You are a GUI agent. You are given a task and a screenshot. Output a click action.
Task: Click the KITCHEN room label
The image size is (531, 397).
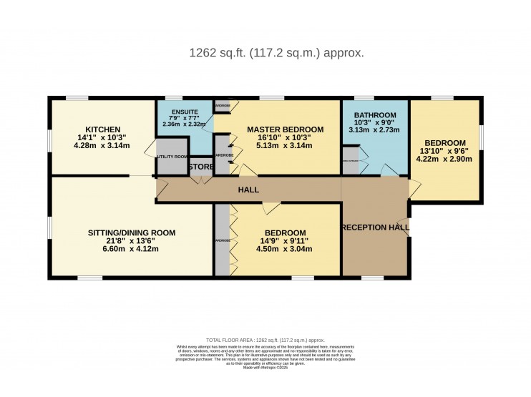pos(95,129)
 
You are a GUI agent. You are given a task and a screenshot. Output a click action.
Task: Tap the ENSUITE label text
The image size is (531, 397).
pos(179,111)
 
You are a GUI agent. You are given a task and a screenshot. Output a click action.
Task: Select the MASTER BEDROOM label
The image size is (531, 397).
pos(285,129)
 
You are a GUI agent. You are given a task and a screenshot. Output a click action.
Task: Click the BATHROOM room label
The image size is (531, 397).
pos(376,115)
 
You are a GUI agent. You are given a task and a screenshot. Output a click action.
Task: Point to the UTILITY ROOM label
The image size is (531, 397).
pos(172,156)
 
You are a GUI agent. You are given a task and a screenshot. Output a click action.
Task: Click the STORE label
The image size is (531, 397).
pos(201,167)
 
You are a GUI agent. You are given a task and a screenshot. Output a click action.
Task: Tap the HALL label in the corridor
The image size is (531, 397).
pos(248,190)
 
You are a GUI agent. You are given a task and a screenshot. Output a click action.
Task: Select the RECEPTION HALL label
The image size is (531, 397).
pos(376,227)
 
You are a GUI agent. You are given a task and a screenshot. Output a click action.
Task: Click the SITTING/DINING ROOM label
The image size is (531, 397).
pos(132,232)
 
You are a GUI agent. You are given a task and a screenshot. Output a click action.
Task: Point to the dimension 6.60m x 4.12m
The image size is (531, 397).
pos(132,251)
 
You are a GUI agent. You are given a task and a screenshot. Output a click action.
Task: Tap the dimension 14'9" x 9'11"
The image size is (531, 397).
pos(286,242)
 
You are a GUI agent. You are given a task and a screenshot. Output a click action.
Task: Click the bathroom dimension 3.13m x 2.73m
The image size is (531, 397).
pos(376,131)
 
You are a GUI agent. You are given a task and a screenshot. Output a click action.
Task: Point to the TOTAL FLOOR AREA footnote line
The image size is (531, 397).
pos(265,340)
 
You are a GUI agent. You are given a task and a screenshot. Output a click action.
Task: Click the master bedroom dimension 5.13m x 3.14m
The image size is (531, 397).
pos(285,147)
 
